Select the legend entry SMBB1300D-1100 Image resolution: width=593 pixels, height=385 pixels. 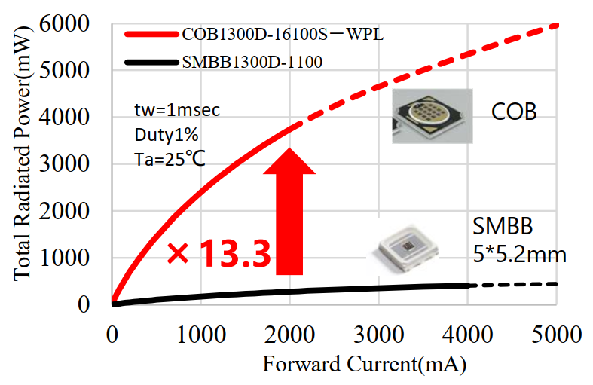(x=252, y=63)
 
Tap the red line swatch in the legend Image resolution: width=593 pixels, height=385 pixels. (x=150, y=35)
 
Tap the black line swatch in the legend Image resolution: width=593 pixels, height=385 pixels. (x=150, y=63)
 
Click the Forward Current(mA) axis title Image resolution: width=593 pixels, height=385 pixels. (x=364, y=366)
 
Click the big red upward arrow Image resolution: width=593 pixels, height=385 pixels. (x=289, y=211)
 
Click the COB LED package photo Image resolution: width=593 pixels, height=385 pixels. (x=432, y=116)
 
